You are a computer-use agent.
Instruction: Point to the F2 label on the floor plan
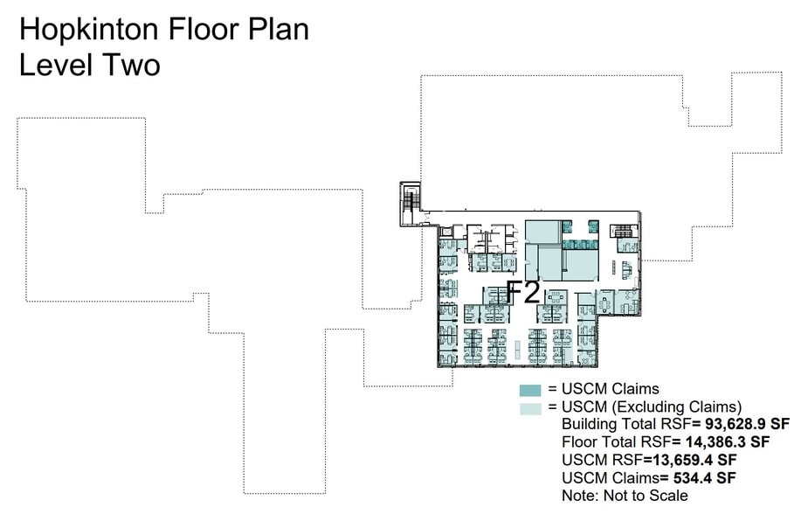(524, 292)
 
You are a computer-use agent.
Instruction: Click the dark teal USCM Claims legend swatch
(531, 390)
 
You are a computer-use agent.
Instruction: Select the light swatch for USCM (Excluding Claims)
(531, 407)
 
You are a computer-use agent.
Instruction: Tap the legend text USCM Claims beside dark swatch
(610, 389)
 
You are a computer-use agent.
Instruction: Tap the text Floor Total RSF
(611, 441)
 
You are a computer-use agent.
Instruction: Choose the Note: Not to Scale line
(625, 496)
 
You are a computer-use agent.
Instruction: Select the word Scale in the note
(668, 496)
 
